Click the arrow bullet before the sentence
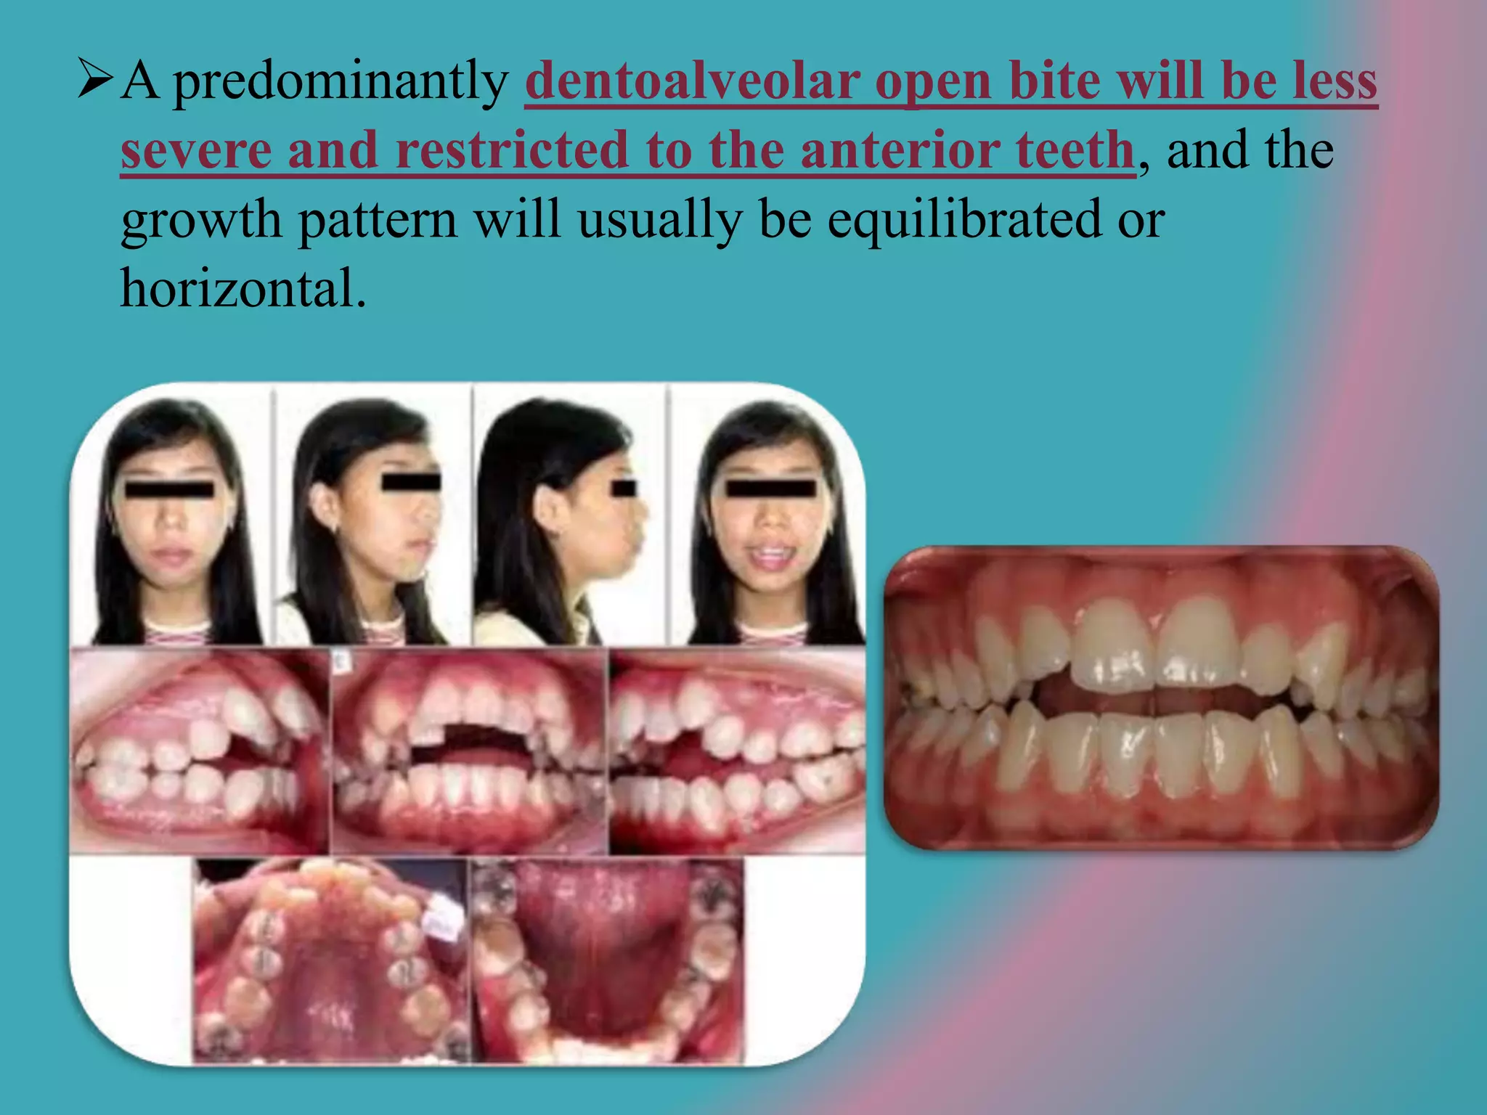click(94, 80)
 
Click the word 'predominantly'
click(341, 81)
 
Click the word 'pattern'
click(378, 219)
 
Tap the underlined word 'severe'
click(196, 151)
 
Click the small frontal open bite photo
click(469, 751)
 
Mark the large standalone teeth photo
click(1160, 697)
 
